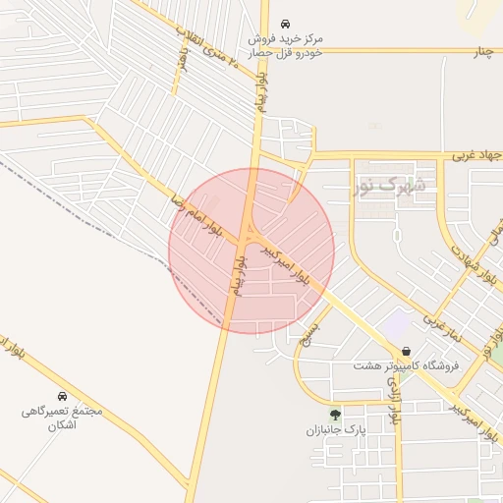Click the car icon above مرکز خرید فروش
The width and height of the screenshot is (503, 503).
tap(285, 23)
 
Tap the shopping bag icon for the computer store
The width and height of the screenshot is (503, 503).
tap(406, 351)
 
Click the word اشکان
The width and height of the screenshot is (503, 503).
tap(62, 425)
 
